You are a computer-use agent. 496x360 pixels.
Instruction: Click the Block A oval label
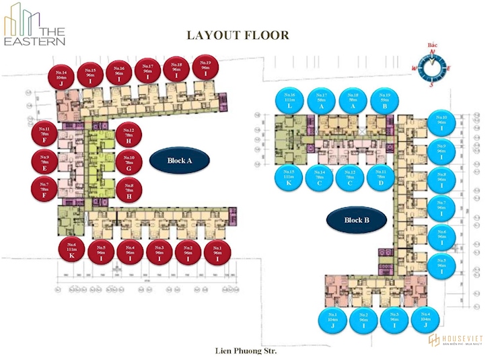171,160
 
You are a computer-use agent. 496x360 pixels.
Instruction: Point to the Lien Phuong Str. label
246,351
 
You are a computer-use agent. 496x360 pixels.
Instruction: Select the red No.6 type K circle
71,250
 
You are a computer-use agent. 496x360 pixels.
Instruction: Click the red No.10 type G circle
129,162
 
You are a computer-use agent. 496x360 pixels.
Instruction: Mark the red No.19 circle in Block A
205,68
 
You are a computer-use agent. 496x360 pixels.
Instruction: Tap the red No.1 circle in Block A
217,252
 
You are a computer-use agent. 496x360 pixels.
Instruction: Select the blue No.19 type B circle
384,100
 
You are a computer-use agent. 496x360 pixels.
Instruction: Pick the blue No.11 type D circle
381,177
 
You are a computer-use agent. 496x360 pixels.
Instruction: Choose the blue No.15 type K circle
289,177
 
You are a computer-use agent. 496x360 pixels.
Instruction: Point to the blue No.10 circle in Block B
441,122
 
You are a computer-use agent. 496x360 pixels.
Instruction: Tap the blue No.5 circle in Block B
441,265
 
